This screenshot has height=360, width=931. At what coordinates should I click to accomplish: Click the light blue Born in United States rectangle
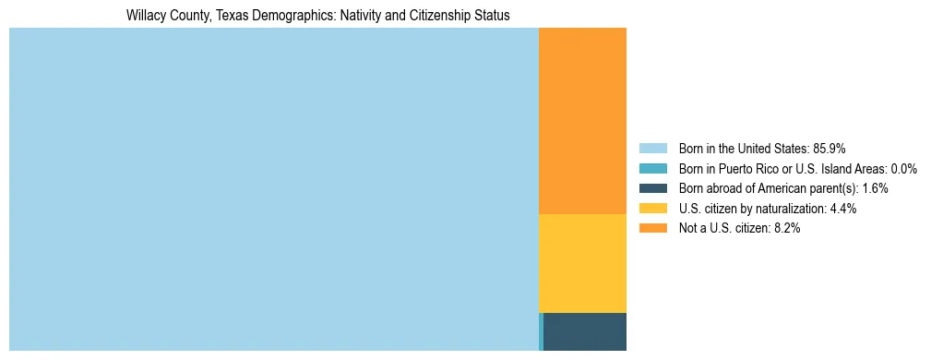point(273,189)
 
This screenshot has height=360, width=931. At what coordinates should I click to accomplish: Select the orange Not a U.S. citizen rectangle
point(582,121)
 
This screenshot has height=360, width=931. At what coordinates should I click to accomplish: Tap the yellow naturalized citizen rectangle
point(582,263)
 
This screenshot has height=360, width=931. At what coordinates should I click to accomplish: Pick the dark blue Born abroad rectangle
point(585,331)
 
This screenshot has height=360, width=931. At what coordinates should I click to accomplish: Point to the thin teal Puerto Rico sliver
point(541,331)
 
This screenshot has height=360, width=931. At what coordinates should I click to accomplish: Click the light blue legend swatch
point(652,148)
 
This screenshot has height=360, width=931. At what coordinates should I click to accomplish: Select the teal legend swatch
point(652,168)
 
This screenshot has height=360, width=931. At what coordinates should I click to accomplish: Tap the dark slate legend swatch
point(652,188)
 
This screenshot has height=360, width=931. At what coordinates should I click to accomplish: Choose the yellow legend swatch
point(652,209)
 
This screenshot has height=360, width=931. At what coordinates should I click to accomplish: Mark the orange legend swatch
point(652,229)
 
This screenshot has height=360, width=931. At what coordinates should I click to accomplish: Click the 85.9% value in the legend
point(829,148)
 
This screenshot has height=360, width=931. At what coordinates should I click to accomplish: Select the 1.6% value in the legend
point(875,188)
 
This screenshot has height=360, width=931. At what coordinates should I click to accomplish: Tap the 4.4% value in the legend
point(843,209)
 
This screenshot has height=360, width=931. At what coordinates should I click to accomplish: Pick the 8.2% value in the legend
point(786,229)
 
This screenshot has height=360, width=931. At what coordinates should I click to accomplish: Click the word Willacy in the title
point(145,16)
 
